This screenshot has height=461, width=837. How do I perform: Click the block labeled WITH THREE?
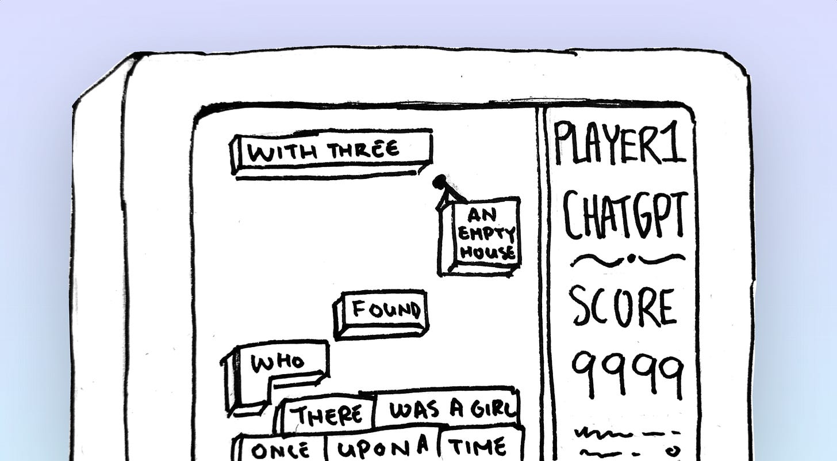332,151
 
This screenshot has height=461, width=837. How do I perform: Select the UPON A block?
383,447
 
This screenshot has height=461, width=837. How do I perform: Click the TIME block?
477,447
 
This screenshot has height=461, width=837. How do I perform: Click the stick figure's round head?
439,181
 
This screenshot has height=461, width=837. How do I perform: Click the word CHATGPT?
625,216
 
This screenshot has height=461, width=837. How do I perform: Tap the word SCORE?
622,308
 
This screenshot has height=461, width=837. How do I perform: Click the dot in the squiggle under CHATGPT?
631,259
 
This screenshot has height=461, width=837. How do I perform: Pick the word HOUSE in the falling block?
487,252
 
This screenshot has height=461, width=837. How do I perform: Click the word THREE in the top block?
363,150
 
